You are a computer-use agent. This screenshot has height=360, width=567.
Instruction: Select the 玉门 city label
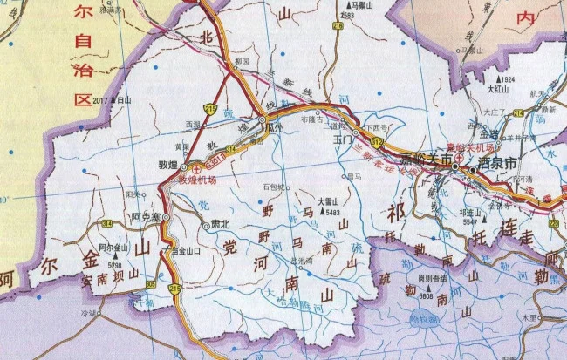341,138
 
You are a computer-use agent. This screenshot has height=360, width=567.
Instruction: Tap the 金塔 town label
488,134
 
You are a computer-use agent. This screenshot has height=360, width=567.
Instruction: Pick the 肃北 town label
221,223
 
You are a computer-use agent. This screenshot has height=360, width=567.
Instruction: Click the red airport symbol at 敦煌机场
198,167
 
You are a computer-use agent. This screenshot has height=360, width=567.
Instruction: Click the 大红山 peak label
497,88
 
